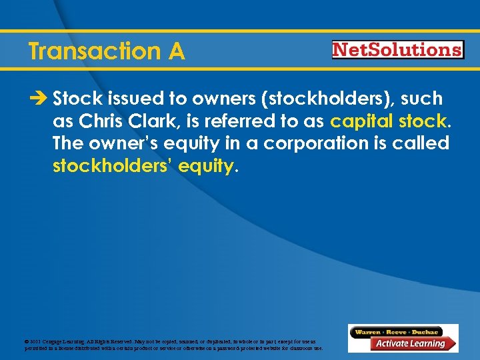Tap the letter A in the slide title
177,51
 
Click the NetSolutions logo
397,50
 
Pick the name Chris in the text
98,121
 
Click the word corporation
311,143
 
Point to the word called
419,143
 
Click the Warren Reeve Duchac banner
397,331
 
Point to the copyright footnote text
173,345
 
